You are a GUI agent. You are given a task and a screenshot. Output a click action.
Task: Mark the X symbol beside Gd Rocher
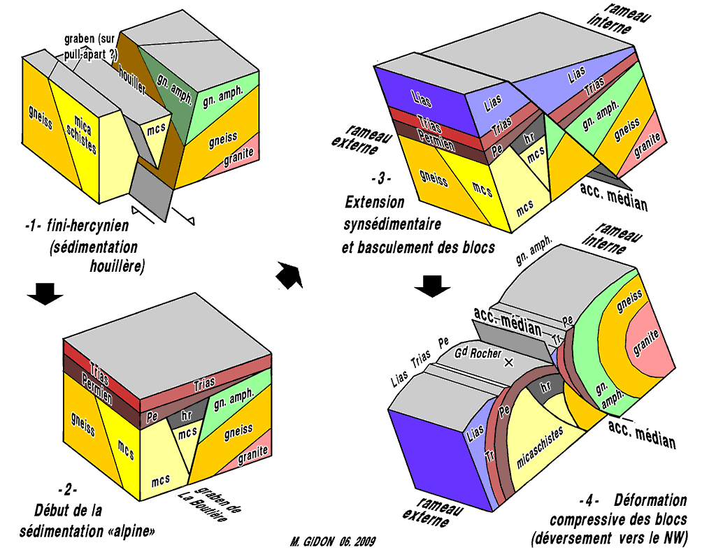(x=508, y=362)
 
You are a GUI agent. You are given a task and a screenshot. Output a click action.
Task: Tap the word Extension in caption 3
(x=375, y=203)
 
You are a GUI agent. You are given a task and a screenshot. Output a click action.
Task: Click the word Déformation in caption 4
(x=650, y=500)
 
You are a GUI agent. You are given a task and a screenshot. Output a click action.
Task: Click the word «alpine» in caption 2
(x=134, y=530)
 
